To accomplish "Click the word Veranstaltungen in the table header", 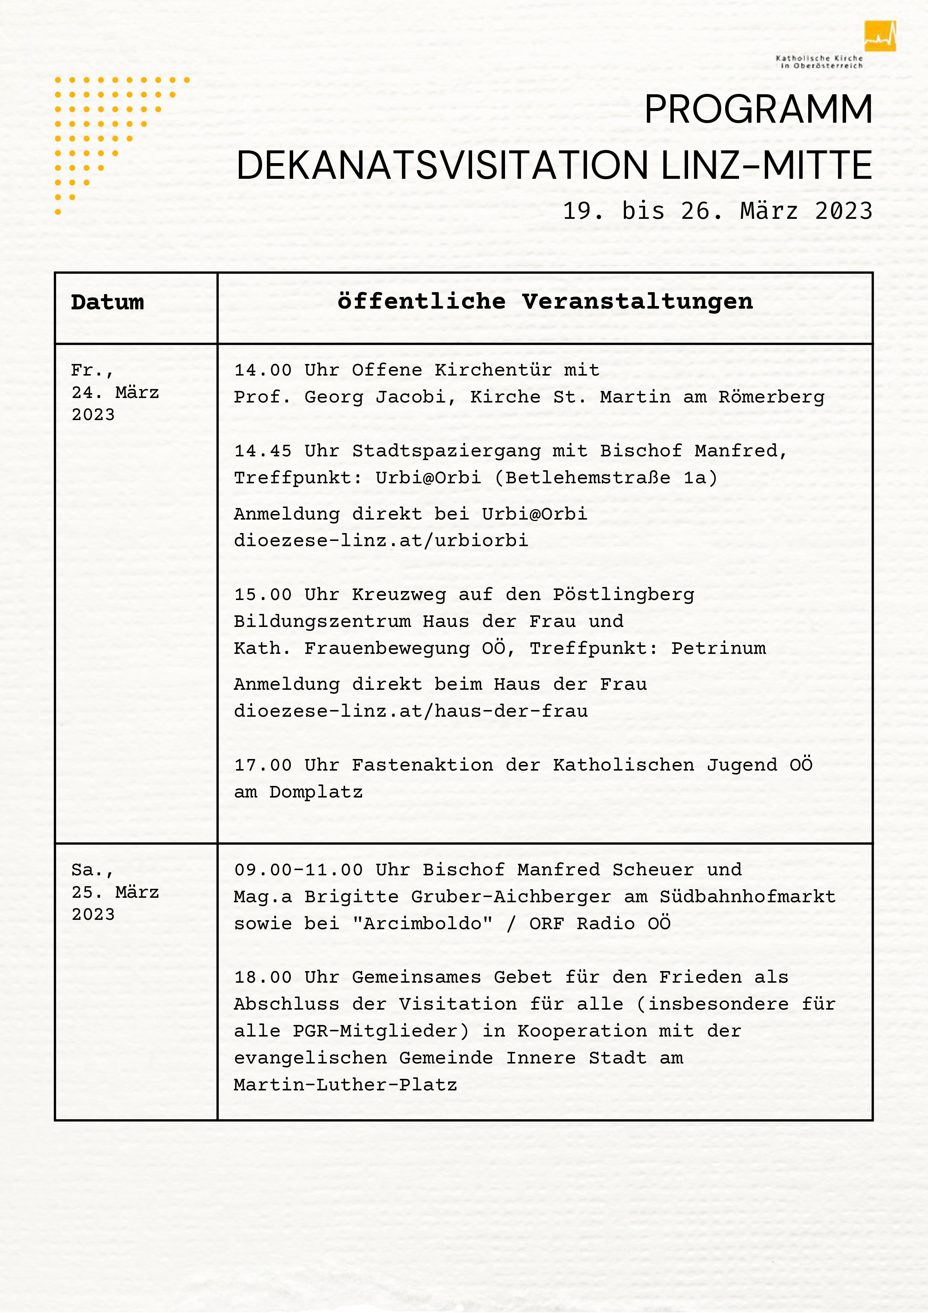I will pos(638,302).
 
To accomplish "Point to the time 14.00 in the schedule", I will pos(263,370).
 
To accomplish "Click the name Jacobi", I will pos(410,397).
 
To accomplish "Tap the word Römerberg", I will pos(771,397).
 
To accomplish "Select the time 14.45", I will pos(263,451).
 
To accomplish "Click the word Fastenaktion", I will pos(422,765).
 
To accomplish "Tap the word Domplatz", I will pos(316,792).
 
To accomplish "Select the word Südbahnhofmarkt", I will pos(747,896).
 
